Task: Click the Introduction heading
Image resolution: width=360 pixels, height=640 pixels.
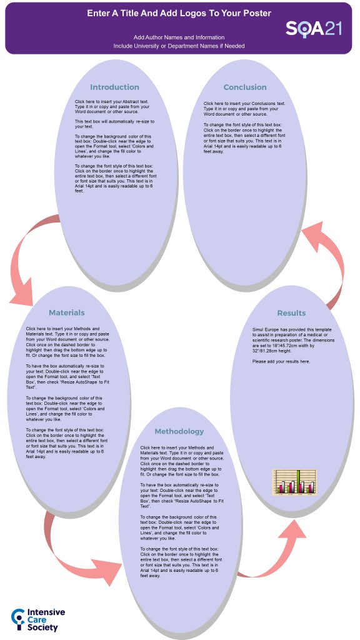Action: click(x=114, y=87)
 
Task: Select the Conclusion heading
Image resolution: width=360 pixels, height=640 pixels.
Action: click(x=245, y=87)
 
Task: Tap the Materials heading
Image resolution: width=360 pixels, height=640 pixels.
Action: click(x=67, y=312)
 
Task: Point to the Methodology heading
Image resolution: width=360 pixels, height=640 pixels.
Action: click(x=179, y=431)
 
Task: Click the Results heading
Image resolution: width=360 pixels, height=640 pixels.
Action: click(x=291, y=312)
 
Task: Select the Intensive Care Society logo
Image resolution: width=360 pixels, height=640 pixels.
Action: click(x=35, y=619)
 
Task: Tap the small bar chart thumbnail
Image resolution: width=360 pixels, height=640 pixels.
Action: click(x=294, y=481)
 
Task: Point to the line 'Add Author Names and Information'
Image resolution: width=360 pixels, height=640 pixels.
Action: click(x=179, y=37)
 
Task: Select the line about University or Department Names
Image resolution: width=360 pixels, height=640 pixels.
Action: click(x=179, y=46)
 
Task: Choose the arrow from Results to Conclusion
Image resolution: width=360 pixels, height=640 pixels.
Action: click(x=325, y=262)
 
